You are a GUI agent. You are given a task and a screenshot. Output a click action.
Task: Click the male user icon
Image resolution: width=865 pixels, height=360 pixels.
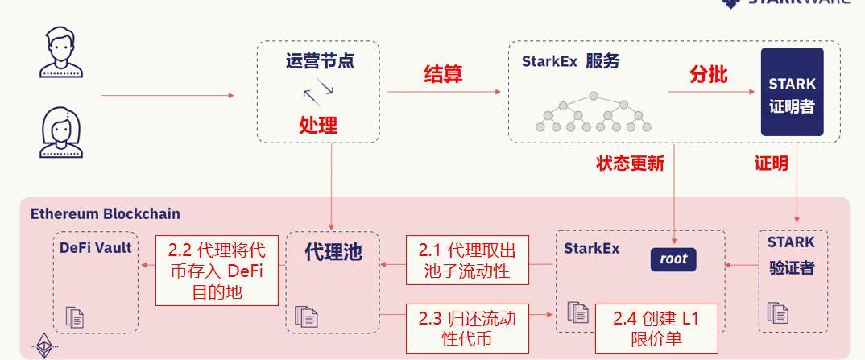60,52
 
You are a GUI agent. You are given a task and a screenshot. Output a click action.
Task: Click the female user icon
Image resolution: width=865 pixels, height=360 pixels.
60,133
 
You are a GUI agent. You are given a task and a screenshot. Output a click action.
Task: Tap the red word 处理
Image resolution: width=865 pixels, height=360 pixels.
318,125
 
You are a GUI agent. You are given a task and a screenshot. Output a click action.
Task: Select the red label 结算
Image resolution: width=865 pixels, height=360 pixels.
443,75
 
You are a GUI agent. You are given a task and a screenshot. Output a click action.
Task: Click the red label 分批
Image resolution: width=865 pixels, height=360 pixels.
708,75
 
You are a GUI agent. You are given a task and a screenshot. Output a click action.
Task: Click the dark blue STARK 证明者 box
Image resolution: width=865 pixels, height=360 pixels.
793,92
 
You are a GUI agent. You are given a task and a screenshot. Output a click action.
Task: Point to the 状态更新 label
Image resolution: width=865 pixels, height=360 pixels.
630,163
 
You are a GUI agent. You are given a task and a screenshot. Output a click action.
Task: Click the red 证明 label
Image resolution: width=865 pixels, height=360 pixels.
771,163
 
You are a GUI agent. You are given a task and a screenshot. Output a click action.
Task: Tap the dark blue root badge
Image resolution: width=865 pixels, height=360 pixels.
673,259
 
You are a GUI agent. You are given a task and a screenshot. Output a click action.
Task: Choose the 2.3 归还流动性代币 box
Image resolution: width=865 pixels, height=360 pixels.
467,328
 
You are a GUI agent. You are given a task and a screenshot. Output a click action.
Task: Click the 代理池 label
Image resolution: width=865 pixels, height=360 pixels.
333,252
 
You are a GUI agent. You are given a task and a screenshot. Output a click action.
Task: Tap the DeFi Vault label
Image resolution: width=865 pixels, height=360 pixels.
95,248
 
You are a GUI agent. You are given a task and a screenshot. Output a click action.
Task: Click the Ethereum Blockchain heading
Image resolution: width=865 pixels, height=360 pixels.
106,213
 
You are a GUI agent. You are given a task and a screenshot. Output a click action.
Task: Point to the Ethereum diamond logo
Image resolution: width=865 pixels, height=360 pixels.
44,346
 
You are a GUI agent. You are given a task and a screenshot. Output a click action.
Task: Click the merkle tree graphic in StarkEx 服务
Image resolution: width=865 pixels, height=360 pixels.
594,112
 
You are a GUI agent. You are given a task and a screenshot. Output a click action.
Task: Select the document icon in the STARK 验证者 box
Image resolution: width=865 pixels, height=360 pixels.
777,312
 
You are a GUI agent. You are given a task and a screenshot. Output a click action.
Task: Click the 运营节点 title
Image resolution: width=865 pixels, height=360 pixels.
319,61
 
